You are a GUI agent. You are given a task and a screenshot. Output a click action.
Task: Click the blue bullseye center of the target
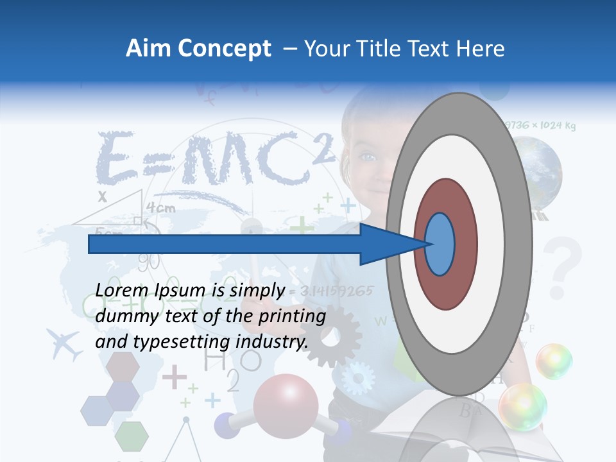(440, 244)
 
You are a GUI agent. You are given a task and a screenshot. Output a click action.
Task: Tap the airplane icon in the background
(65, 343)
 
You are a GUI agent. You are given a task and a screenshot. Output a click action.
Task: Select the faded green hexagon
(132, 436)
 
